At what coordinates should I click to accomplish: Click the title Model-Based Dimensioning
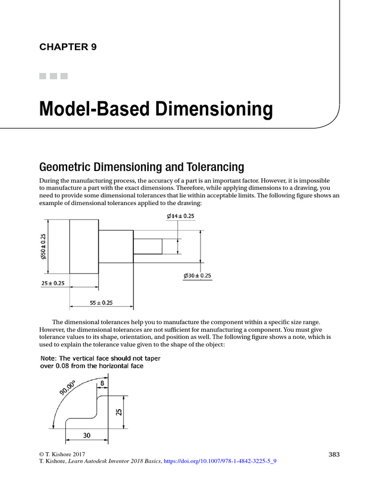[x=156, y=109]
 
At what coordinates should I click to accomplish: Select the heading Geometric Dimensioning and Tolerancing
[x=141, y=167]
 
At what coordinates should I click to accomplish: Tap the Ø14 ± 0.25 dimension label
[x=181, y=216]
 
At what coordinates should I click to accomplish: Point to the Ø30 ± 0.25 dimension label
[x=197, y=275]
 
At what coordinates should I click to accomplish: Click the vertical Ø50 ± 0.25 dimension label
[x=43, y=246]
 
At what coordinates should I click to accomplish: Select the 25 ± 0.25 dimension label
[x=52, y=283]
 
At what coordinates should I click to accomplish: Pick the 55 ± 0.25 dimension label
[x=101, y=302]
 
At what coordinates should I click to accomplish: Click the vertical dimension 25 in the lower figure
[x=120, y=410]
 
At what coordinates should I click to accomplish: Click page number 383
[x=334, y=454]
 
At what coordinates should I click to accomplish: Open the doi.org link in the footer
[x=220, y=461]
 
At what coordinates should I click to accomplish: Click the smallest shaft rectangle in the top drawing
[x=147, y=246]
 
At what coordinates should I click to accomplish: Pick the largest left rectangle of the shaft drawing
[x=84, y=246]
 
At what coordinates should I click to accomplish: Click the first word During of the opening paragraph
[x=49, y=182]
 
